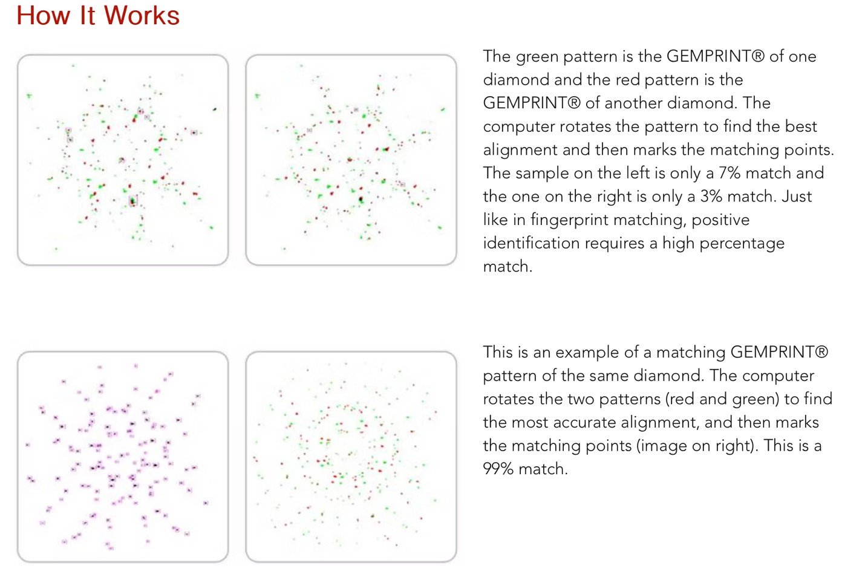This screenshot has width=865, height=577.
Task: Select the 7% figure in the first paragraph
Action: click(729, 173)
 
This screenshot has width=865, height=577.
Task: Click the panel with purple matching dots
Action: click(123, 457)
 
